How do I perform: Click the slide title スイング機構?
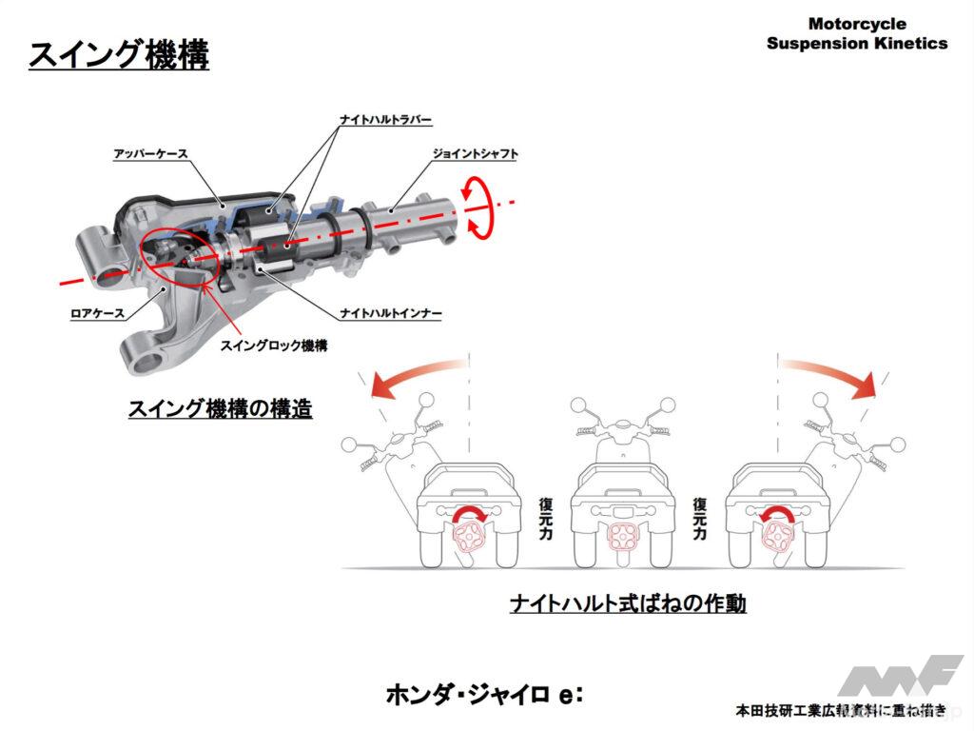point(118,54)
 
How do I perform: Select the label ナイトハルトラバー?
point(386,120)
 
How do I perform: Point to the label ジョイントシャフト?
point(475,152)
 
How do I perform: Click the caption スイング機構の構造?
point(221,409)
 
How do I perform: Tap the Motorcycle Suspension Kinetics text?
point(856,33)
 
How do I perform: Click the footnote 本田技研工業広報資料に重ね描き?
point(841,710)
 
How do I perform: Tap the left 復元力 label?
point(545,519)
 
